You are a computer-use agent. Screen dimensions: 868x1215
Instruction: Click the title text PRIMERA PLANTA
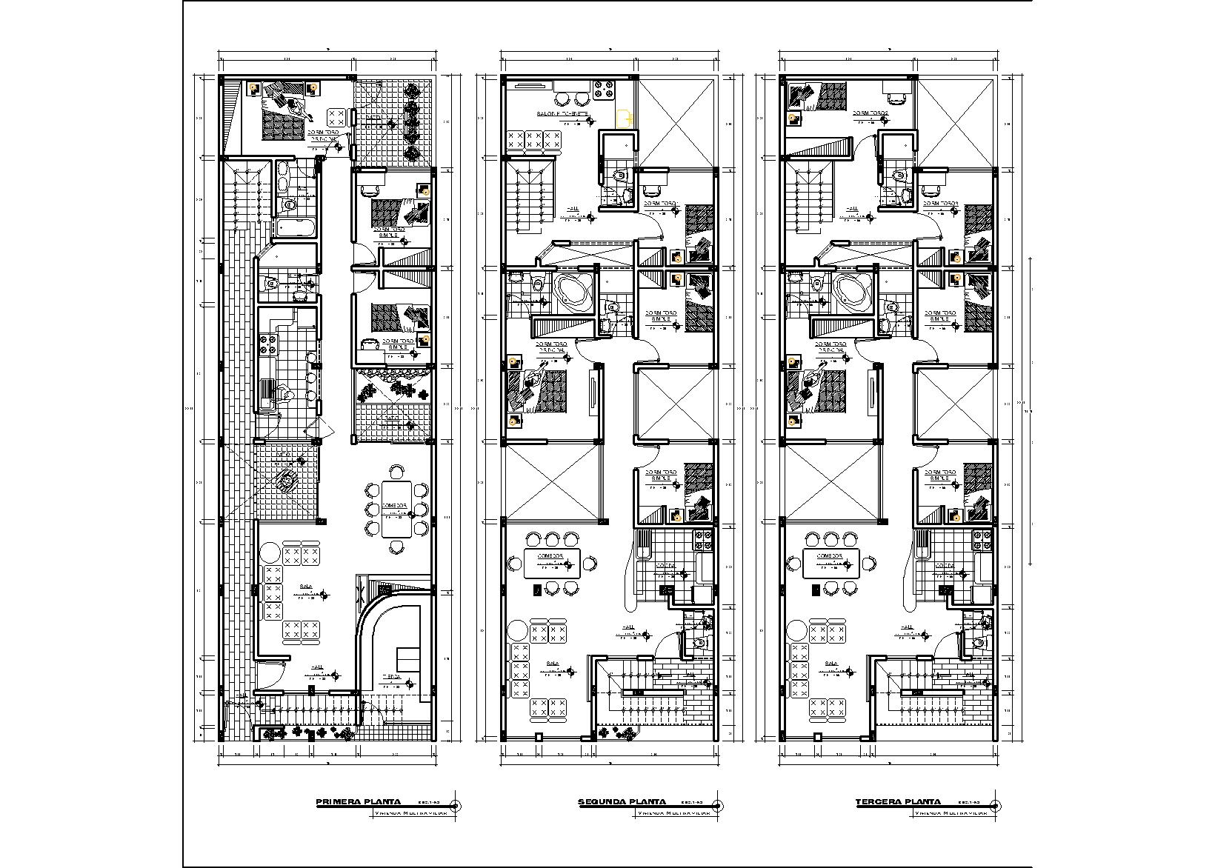pos(359,801)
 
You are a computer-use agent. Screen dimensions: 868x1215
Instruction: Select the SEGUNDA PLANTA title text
pos(622,801)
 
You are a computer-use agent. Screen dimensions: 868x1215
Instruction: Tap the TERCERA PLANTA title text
pos(898,801)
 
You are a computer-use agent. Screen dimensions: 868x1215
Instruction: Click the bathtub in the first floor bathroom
pos(295,227)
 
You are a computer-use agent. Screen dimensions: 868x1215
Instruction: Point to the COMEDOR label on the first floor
pos(394,506)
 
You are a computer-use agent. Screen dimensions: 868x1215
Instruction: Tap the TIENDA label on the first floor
pos(392,676)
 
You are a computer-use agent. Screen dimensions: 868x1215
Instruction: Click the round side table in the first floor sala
pos(270,553)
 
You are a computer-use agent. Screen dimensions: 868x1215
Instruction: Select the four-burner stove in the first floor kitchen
pos(267,345)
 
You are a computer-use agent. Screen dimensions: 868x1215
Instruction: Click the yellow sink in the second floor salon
pos(625,118)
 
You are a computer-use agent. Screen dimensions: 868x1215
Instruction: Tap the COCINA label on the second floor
pos(665,566)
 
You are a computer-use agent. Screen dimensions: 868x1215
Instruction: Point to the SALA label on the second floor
pos(552,664)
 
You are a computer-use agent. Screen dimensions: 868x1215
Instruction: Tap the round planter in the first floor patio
pos(286,481)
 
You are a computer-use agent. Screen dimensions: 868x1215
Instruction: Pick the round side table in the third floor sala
pos(797,630)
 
